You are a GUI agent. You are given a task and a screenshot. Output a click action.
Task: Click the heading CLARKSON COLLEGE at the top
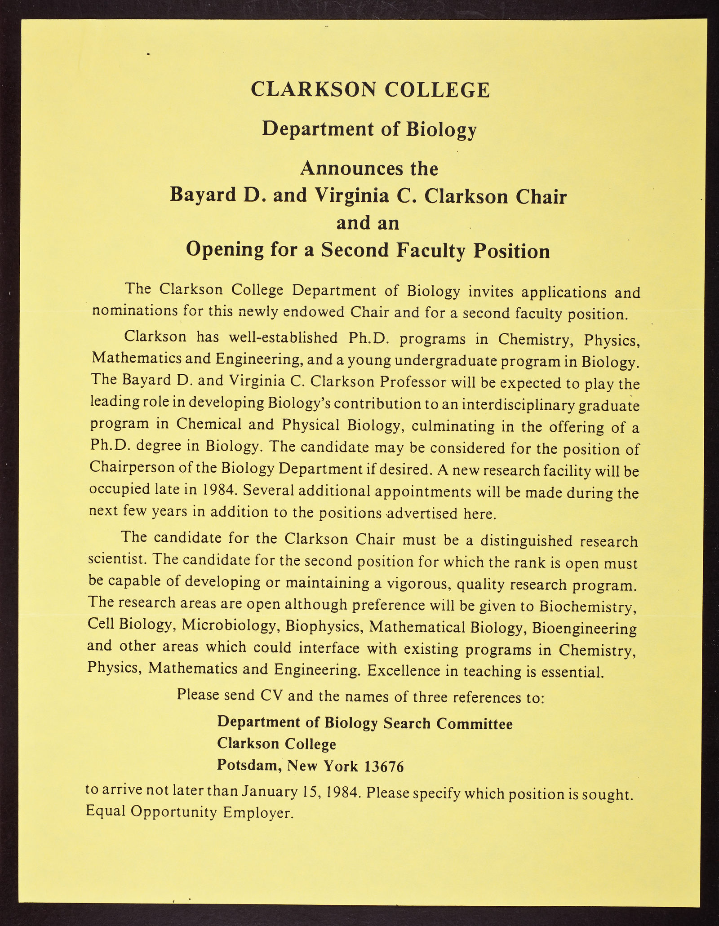pyautogui.click(x=370, y=89)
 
